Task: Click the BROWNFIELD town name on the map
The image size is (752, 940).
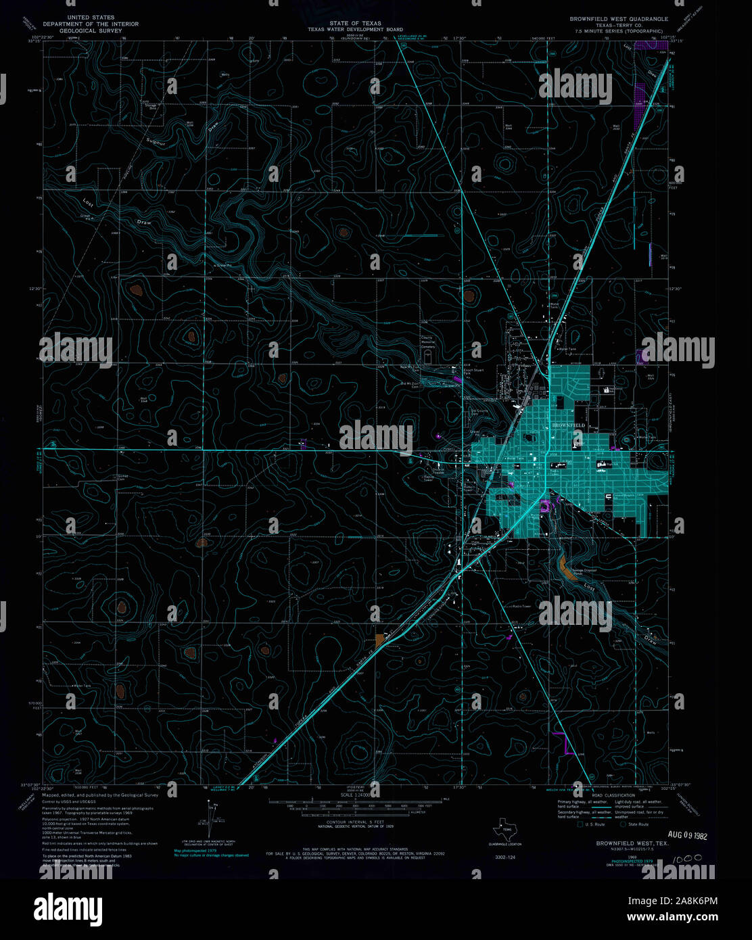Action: click(x=567, y=425)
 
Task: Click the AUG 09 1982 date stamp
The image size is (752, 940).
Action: click(x=686, y=835)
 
